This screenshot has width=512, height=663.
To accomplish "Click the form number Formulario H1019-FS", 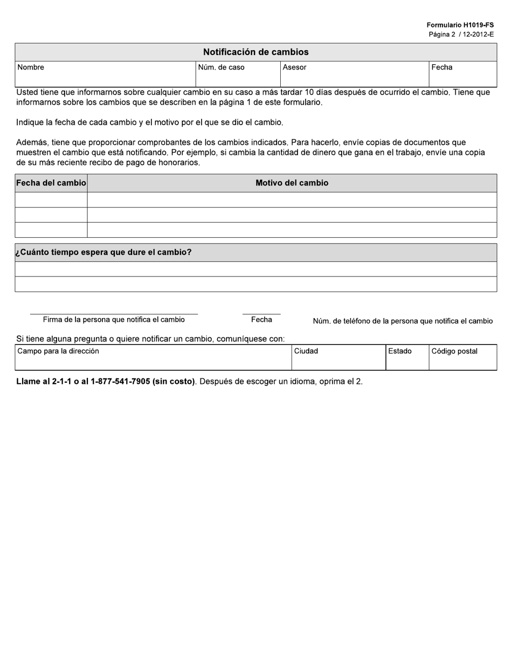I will pyautogui.click(x=460, y=25).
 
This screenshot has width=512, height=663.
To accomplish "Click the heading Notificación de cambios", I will pyautogui.click(x=255, y=52).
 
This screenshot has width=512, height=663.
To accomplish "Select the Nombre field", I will pyautogui.click(x=105, y=74).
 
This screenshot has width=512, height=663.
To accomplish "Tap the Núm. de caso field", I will pyautogui.click(x=238, y=74).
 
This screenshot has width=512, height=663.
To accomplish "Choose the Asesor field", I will pyautogui.click(x=354, y=74).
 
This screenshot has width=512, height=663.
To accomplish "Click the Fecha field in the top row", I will pyautogui.click(x=462, y=74).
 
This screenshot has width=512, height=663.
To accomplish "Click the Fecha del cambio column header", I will pyautogui.click(x=51, y=183).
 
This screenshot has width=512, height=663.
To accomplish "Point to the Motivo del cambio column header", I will pyautogui.click(x=292, y=183).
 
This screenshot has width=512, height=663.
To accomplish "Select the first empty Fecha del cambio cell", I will pyautogui.click(x=51, y=200).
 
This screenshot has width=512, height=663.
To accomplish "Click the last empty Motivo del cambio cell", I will pyautogui.click(x=292, y=230).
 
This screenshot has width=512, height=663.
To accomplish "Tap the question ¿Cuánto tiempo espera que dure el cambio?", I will pyautogui.click(x=103, y=252).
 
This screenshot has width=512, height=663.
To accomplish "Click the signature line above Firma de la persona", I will pyautogui.click(x=114, y=313).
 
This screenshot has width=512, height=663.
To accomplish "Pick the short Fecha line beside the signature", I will pyautogui.click(x=261, y=313).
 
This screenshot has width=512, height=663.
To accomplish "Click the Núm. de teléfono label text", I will pyautogui.click(x=403, y=321).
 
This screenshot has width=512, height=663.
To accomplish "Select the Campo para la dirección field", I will pyautogui.click(x=153, y=357).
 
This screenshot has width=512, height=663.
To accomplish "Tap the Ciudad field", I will pyautogui.click(x=338, y=357).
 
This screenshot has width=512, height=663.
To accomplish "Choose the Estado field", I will pyautogui.click(x=407, y=357).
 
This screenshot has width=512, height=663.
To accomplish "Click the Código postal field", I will pyautogui.click(x=462, y=357).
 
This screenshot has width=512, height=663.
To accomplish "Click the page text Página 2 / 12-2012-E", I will pyautogui.click(x=461, y=34).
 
